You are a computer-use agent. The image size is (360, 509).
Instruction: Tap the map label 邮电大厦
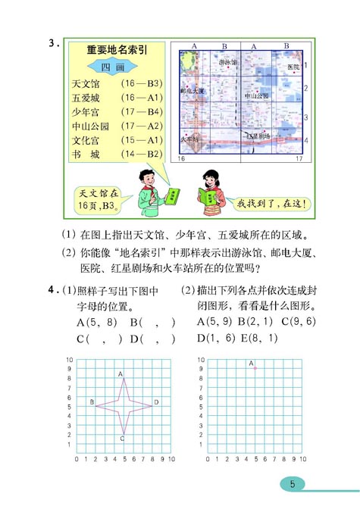pyautogui.click(x=193, y=90)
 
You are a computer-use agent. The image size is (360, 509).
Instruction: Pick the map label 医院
pyautogui.click(x=283, y=67)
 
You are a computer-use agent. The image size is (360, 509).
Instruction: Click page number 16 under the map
pyautogui.click(x=182, y=159)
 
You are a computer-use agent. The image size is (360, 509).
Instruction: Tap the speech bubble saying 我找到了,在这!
pyautogui.click(x=269, y=203)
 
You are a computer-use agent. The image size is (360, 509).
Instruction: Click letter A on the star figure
pyautogui.click(x=121, y=373)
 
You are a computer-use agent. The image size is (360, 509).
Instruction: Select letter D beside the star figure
pyautogui.click(x=156, y=401)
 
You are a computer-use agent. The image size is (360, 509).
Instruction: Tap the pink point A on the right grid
pyautogui.click(x=255, y=368)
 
